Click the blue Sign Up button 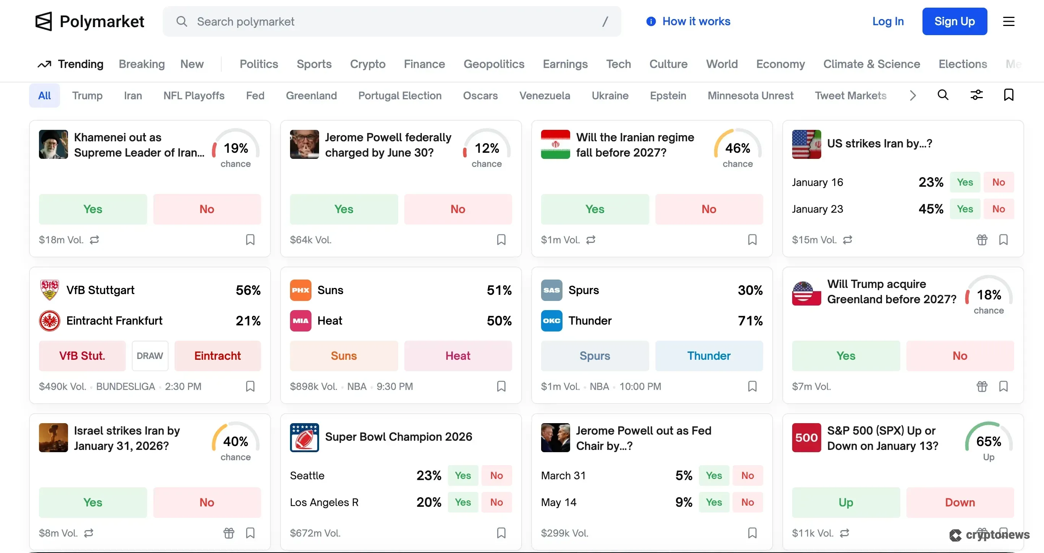pyautogui.click(x=954, y=21)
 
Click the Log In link pyautogui.click(x=888, y=21)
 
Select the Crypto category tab pyautogui.click(x=367, y=64)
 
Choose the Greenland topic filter pyautogui.click(x=311, y=95)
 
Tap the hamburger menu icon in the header pyautogui.click(x=1008, y=21)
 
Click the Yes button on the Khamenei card pyautogui.click(x=93, y=209)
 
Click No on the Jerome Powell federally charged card pyautogui.click(x=457, y=209)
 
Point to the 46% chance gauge pyautogui.click(x=737, y=148)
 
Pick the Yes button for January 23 pyautogui.click(x=965, y=209)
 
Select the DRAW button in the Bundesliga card pyautogui.click(x=149, y=356)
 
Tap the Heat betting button pyautogui.click(x=457, y=356)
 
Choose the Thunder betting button pyautogui.click(x=708, y=356)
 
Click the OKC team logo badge pyautogui.click(x=551, y=321)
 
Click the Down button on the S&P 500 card pyautogui.click(x=960, y=502)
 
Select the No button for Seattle pyautogui.click(x=496, y=475)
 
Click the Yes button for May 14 pyautogui.click(x=713, y=502)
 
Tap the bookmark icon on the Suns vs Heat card pyautogui.click(x=501, y=386)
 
